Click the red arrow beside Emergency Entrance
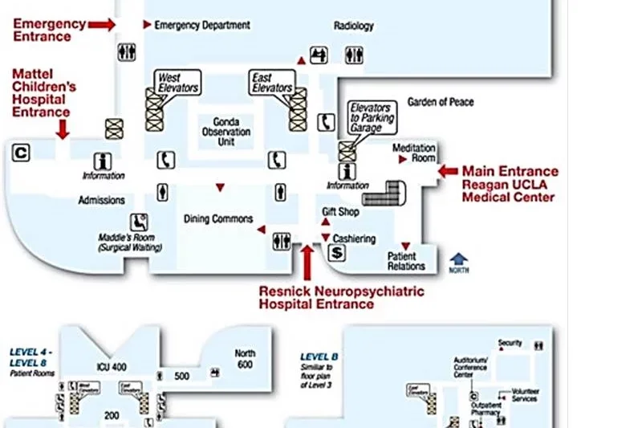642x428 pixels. tap(102, 25)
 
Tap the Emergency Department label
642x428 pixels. tap(201, 25)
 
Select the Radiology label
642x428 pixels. tap(354, 26)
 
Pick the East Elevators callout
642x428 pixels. tap(272, 82)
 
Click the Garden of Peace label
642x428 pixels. tap(441, 102)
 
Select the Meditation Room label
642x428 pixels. tap(414, 153)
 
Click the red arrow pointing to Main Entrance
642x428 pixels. tap(448, 171)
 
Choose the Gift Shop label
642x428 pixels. tap(341, 212)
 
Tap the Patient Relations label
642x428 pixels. tap(406, 261)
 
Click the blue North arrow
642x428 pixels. tap(459, 259)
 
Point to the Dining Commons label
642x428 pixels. tap(218, 219)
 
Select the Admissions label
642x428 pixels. tap(101, 200)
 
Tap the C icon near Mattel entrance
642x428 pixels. tap(22, 151)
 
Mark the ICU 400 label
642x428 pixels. tap(112, 367)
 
